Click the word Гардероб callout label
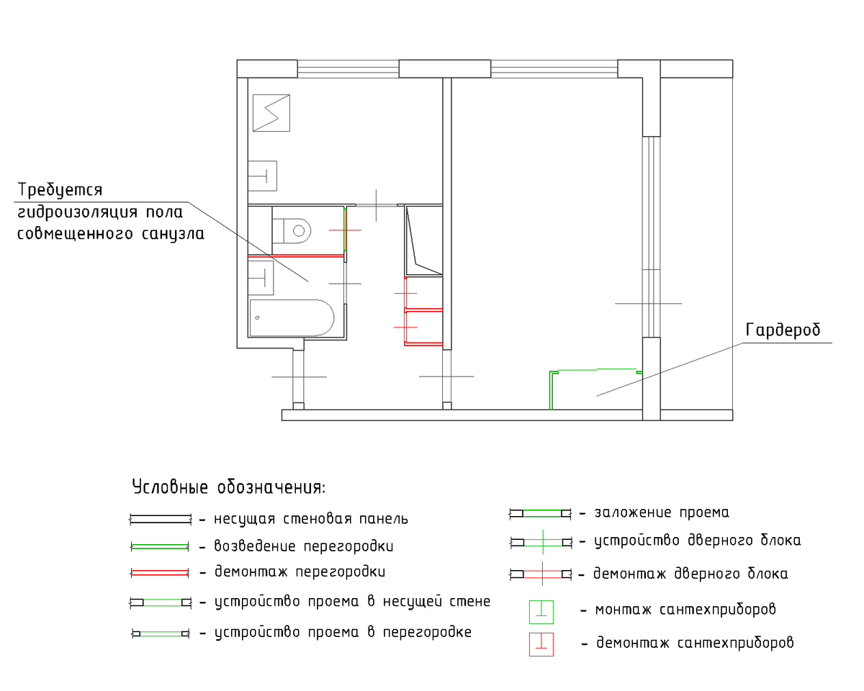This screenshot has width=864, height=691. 783,330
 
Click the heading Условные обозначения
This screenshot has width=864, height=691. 228,487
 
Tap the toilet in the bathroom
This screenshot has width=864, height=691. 292,231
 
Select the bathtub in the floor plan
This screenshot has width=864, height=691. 292,317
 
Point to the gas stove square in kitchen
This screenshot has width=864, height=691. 271,113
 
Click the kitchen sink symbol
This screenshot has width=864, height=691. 263,176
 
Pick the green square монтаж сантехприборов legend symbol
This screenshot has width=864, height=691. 541,612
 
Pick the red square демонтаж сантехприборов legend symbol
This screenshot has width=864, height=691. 541,645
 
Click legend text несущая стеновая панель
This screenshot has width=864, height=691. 311,519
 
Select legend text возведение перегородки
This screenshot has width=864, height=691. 304,546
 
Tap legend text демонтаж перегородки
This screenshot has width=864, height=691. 300,572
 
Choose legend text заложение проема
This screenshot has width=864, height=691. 662,512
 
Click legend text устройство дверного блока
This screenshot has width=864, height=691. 698,541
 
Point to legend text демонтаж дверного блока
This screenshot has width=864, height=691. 690,574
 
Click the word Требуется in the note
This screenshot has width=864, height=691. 60,190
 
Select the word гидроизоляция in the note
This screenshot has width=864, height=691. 78,212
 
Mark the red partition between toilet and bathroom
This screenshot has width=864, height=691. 296,256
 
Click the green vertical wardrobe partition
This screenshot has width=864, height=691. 552,390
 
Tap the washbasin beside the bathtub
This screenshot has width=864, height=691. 261,278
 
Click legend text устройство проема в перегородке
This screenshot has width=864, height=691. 343,633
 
